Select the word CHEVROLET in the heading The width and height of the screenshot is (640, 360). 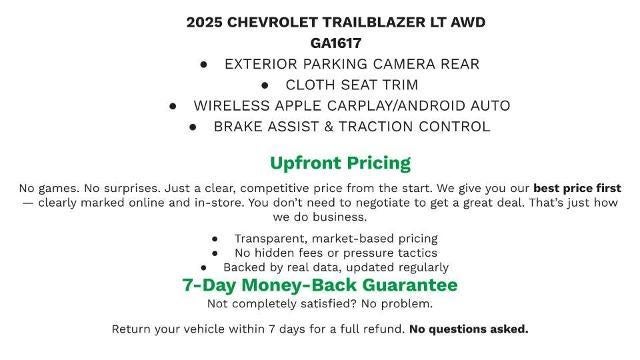pos(277,22)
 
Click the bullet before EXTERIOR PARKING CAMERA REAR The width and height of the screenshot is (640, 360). pos(204,64)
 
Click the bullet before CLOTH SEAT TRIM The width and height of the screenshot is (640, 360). pos(266,85)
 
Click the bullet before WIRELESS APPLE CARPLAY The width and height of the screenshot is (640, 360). pos(173,106)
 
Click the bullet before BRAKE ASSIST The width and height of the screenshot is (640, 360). pos(193,127)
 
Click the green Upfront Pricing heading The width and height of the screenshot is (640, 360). pos(340,163)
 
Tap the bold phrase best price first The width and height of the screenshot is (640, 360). pos(577,188)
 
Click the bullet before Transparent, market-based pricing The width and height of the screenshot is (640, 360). pos(215,239)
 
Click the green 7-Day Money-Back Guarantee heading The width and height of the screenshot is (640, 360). pos(320,285)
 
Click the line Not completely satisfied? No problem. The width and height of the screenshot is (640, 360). pos(320,304)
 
